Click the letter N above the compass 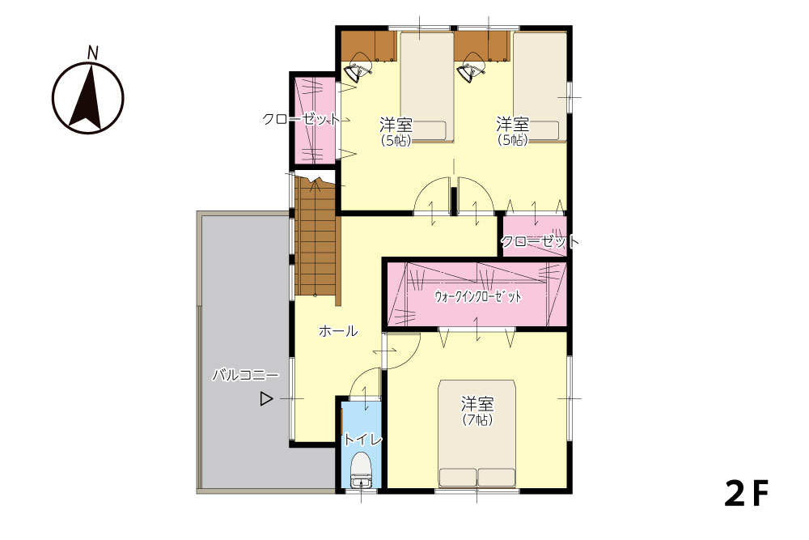[x=93, y=52]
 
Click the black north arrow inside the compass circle [x=87, y=98]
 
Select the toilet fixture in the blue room [x=361, y=470]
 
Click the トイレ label [x=362, y=440]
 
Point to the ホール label [x=338, y=331]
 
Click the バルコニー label [x=246, y=376]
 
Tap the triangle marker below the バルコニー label [x=265, y=398]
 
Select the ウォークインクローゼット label [x=478, y=297]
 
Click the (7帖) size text [x=477, y=420]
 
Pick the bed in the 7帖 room [x=477, y=434]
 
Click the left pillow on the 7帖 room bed [x=458, y=477]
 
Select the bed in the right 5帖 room [x=540, y=86]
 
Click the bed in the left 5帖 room [x=426, y=86]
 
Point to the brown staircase [x=316, y=237]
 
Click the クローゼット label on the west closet [x=301, y=119]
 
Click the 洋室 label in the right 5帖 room [x=512, y=125]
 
